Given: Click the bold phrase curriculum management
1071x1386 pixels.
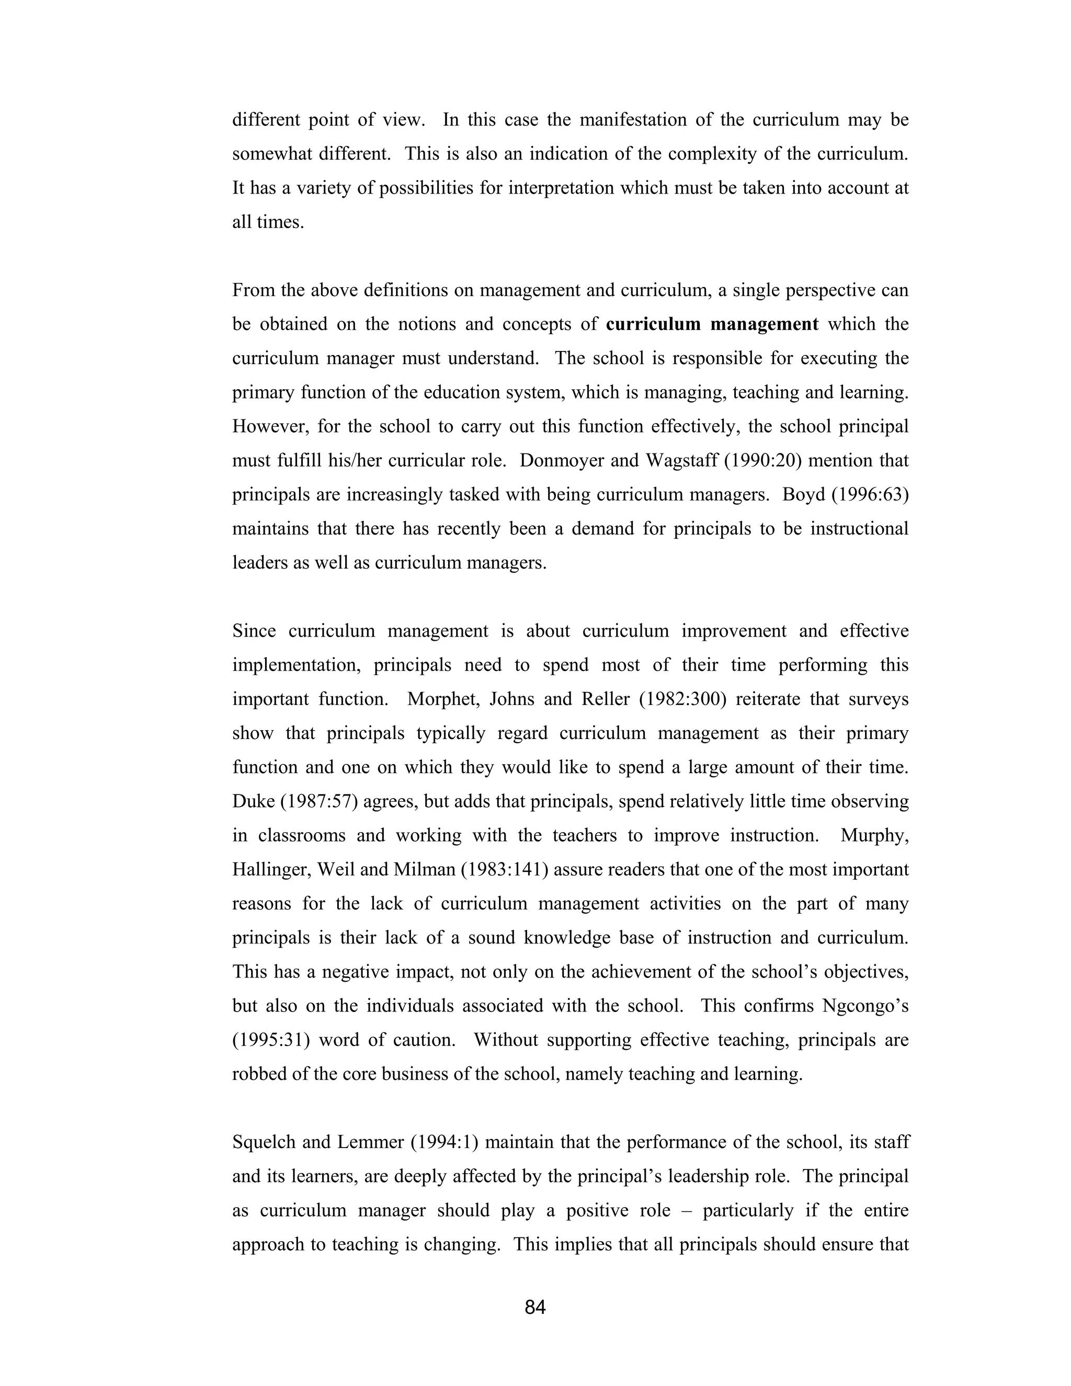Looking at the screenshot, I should click(712, 324).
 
